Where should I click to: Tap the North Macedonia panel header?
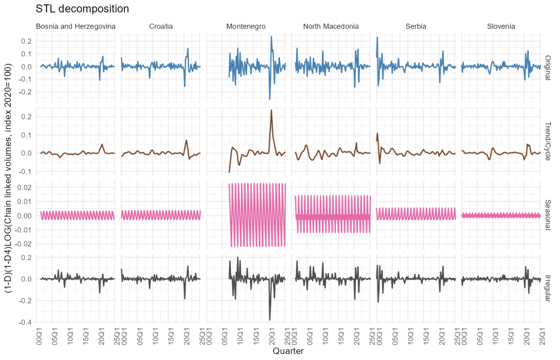tap(331, 26)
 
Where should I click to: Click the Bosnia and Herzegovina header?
tap(75, 26)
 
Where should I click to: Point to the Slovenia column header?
tap(500, 26)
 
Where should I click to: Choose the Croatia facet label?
tap(160, 26)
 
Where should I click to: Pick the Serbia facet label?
tap(416, 26)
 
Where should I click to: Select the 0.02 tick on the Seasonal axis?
tap(25, 187)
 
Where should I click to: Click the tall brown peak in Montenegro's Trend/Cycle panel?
tap(271, 111)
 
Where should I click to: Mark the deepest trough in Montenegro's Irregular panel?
tap(270, 320)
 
